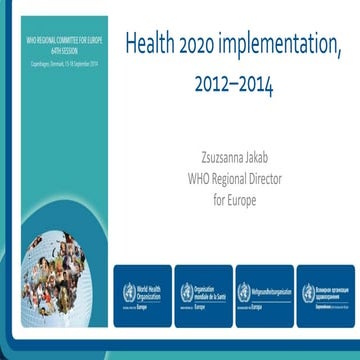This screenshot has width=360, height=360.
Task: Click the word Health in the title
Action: [150, 45]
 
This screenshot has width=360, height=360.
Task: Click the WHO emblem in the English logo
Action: [128, 292]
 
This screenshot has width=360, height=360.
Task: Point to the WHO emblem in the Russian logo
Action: [308, 292]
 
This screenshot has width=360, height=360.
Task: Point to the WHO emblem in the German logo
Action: [246, 292]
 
